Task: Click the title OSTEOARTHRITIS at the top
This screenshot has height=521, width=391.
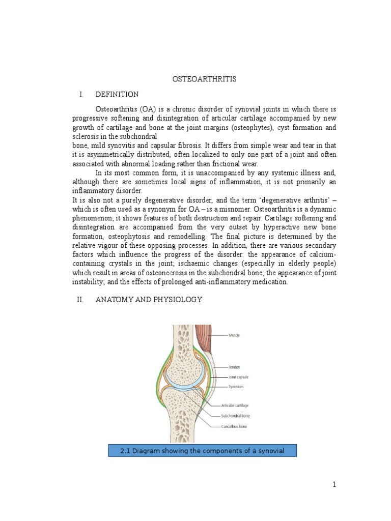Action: click(x=203, y=79)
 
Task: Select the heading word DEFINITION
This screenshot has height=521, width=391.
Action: click(x=117, y=95)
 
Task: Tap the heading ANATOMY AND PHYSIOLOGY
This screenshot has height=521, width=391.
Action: click(x=149, y=300)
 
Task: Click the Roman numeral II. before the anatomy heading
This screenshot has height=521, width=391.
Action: click(x=79, y=300)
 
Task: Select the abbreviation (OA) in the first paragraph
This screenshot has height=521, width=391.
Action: click(x=143, y=109)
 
